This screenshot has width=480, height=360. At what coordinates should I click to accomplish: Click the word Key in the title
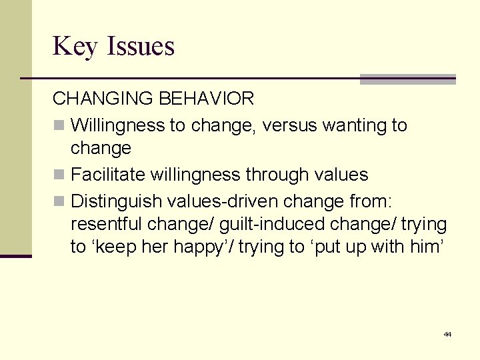point(74,47)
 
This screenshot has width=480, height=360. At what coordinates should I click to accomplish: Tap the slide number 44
point(447,334)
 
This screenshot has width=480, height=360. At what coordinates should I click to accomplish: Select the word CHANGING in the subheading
point(103,99)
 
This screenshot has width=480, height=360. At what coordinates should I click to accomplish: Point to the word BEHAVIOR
point(206,99)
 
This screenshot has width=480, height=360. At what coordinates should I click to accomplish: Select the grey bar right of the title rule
point(407,79)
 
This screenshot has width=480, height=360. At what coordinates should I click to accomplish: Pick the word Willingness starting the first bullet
point(117,125)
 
